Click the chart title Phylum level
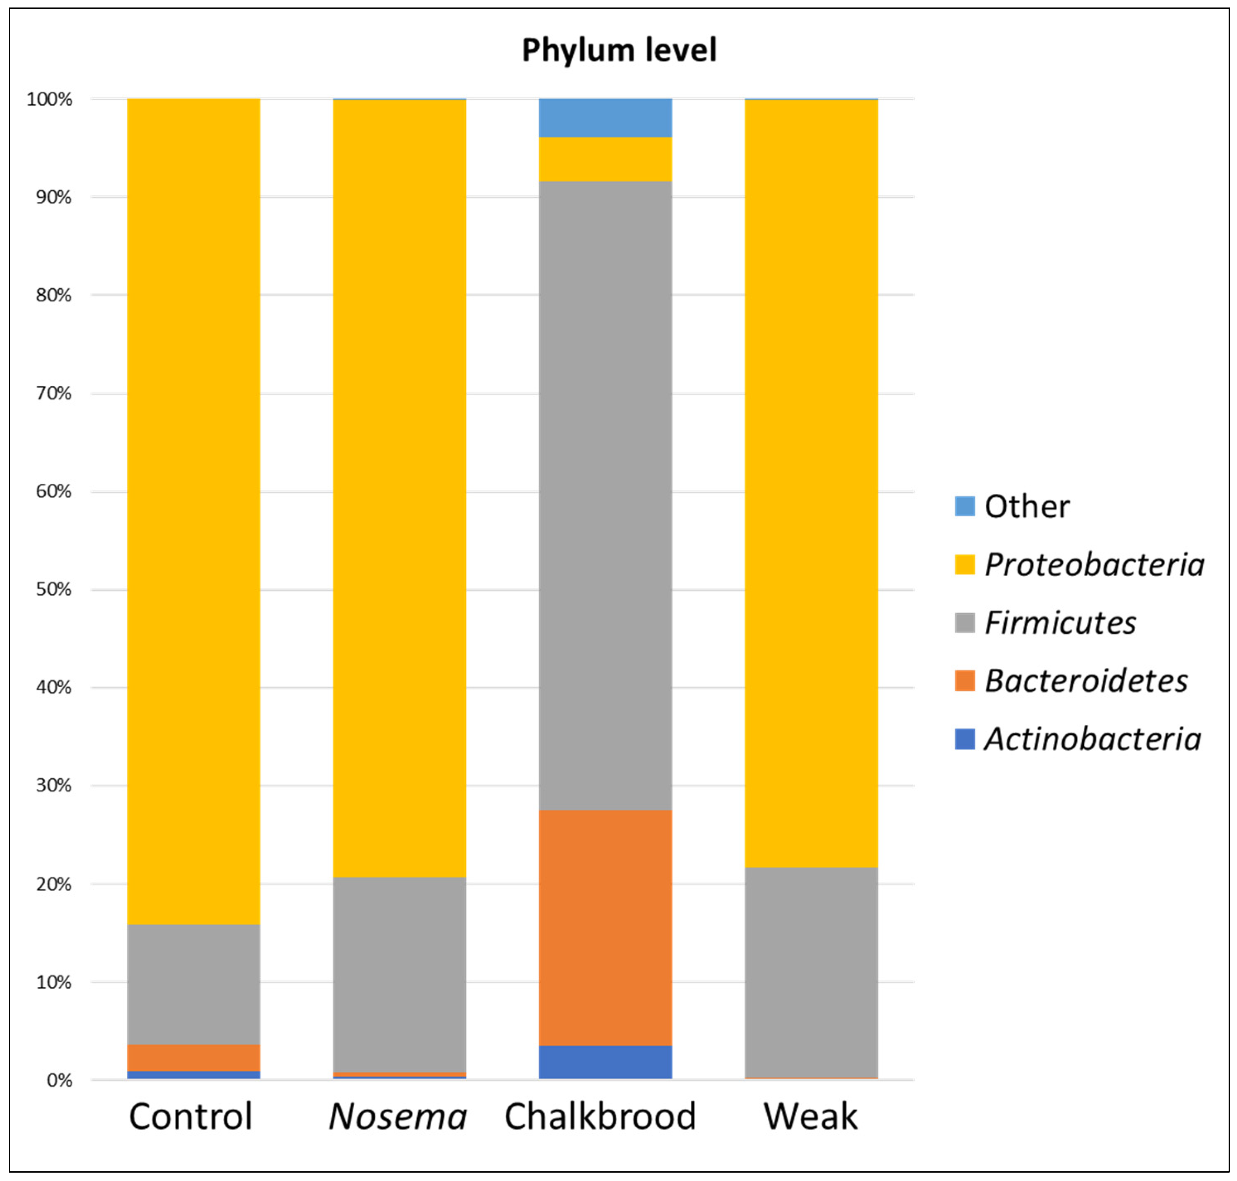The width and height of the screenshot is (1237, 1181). pos(619,50)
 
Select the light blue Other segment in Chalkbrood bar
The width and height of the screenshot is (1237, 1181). pos(605,118)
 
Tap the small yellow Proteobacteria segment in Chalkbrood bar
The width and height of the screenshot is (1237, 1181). pos(605,159)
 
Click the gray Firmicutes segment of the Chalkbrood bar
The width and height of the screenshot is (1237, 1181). pos(605,496)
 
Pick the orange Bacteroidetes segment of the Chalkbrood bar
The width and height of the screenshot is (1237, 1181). pos(605,927)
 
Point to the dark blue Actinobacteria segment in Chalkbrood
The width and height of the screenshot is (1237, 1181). pos(605,1062)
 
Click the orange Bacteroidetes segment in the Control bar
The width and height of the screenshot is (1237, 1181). pos(193,1058)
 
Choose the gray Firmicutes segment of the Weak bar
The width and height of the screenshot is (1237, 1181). pos(811,972)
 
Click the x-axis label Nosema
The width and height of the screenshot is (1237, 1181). pos(398,1117)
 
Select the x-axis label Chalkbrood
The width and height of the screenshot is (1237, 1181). pos(600,1117)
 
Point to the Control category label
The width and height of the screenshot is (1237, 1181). pos(191,1117)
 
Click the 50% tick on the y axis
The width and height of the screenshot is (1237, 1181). pos(53,589)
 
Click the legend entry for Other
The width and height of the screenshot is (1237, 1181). pos(1026,507)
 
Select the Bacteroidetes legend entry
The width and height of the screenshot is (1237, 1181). pos(1085,681)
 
